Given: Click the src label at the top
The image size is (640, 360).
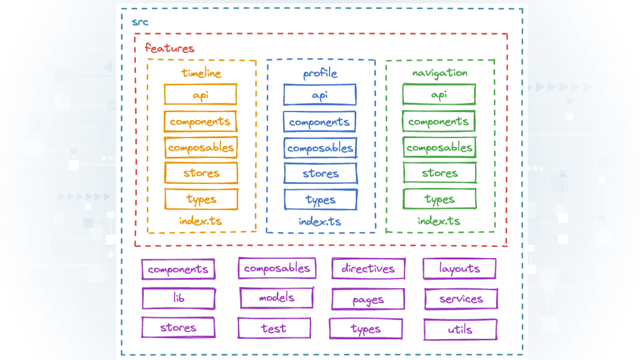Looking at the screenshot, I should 140,22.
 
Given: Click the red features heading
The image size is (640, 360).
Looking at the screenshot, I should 170,48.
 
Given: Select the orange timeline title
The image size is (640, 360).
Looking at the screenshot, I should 201,73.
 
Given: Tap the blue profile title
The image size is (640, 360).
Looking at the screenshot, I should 320,74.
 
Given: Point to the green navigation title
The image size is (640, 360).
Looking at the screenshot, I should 439,73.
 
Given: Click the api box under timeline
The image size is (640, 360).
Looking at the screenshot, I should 201,95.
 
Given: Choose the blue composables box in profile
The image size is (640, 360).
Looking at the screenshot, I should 320,148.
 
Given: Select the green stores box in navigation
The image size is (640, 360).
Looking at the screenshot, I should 439,173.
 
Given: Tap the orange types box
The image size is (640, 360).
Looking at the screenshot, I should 201,199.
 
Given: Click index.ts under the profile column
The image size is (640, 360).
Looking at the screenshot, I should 320,221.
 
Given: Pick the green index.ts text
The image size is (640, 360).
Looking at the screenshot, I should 439,221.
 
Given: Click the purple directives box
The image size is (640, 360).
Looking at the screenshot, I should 368,269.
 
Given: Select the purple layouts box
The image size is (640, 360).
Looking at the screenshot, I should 459,269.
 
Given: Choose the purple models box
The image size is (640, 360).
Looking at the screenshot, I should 276,298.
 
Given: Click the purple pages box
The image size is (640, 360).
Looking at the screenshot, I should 368,300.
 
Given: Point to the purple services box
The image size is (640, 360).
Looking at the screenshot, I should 461,299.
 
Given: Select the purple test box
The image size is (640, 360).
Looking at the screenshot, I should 274,328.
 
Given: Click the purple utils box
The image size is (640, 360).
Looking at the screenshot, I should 460,330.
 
